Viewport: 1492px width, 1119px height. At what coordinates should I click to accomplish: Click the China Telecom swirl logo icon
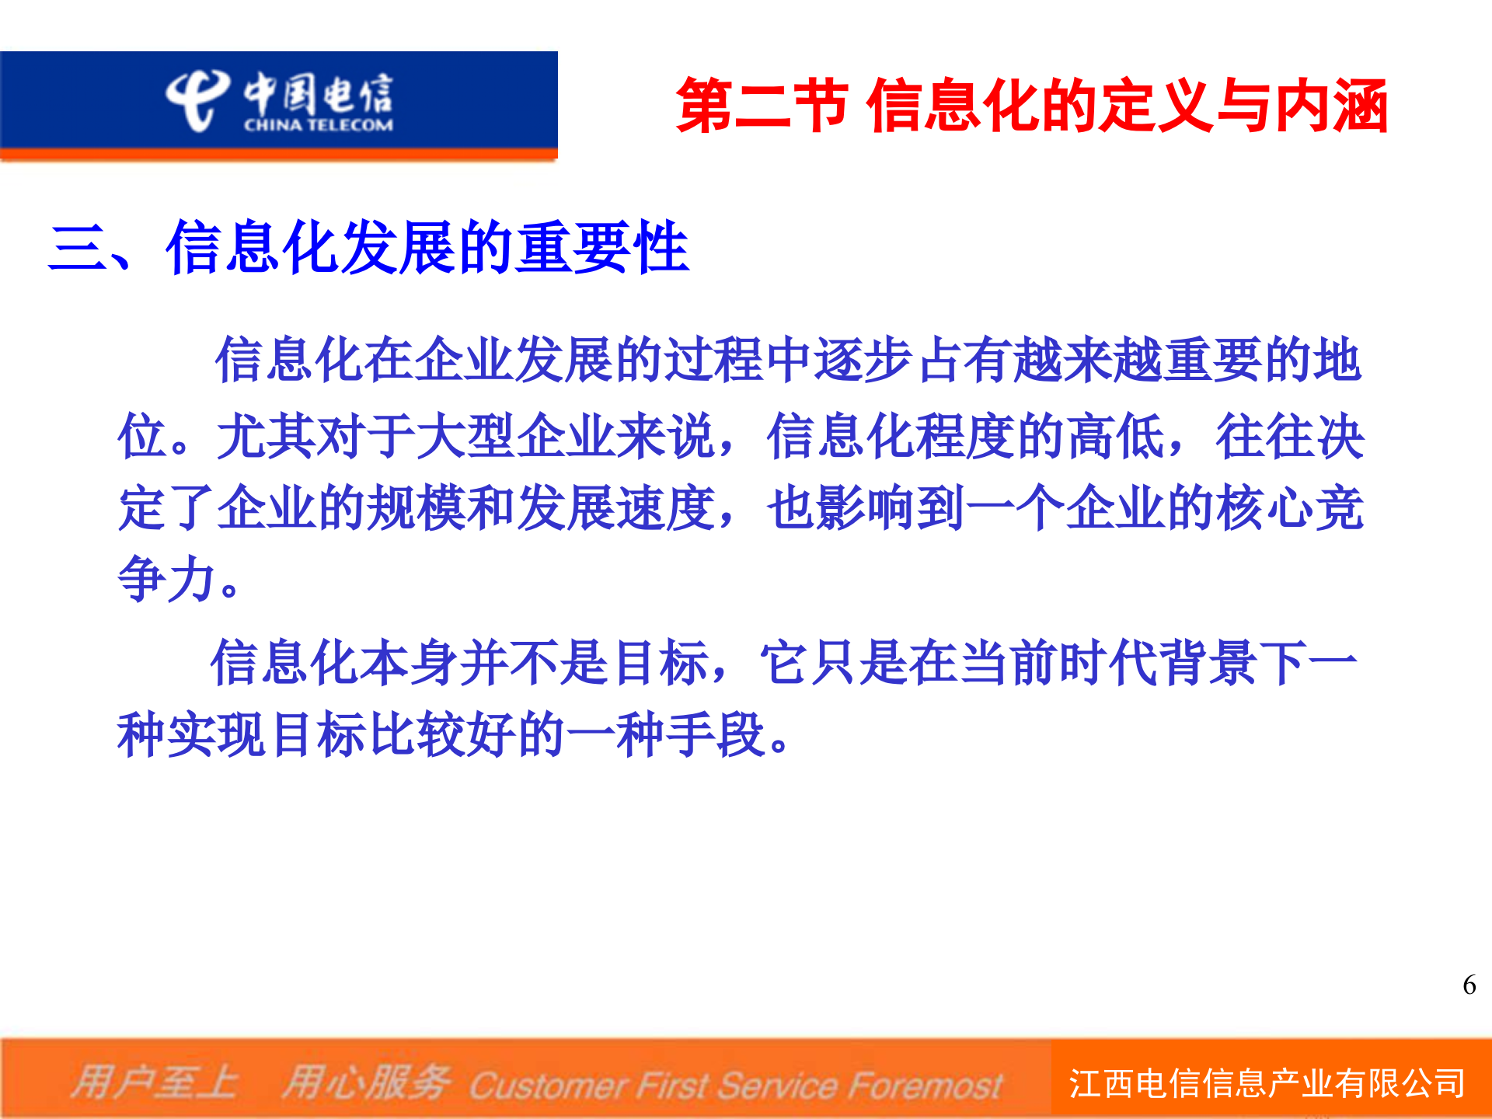[196, 99]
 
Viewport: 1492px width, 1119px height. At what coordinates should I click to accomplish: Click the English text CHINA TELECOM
[318, 125]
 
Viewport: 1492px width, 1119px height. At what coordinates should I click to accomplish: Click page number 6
[1469, 985]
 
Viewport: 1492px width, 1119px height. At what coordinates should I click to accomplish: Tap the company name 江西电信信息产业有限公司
[1267, 1083]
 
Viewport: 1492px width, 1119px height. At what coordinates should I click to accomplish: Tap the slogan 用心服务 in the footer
[365, 1083]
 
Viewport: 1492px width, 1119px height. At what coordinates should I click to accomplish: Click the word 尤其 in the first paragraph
[267, 436]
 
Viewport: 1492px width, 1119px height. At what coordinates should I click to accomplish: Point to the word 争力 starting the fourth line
[166, 579]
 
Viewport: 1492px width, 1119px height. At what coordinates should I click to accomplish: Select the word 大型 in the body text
[466, 436]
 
